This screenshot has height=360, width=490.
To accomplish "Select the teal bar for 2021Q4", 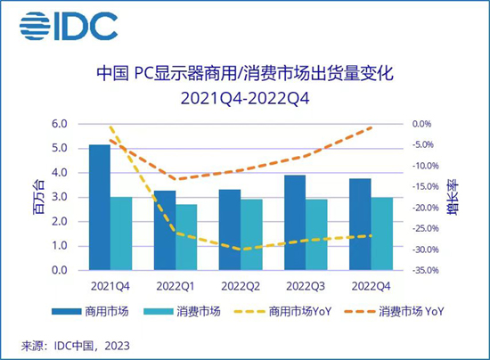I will click(121, 233).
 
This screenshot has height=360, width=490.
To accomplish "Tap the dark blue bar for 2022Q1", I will click(165, 230).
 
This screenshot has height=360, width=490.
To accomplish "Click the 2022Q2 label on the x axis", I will click(241, 286).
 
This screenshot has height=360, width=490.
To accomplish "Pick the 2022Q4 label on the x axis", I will click(370, 286).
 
